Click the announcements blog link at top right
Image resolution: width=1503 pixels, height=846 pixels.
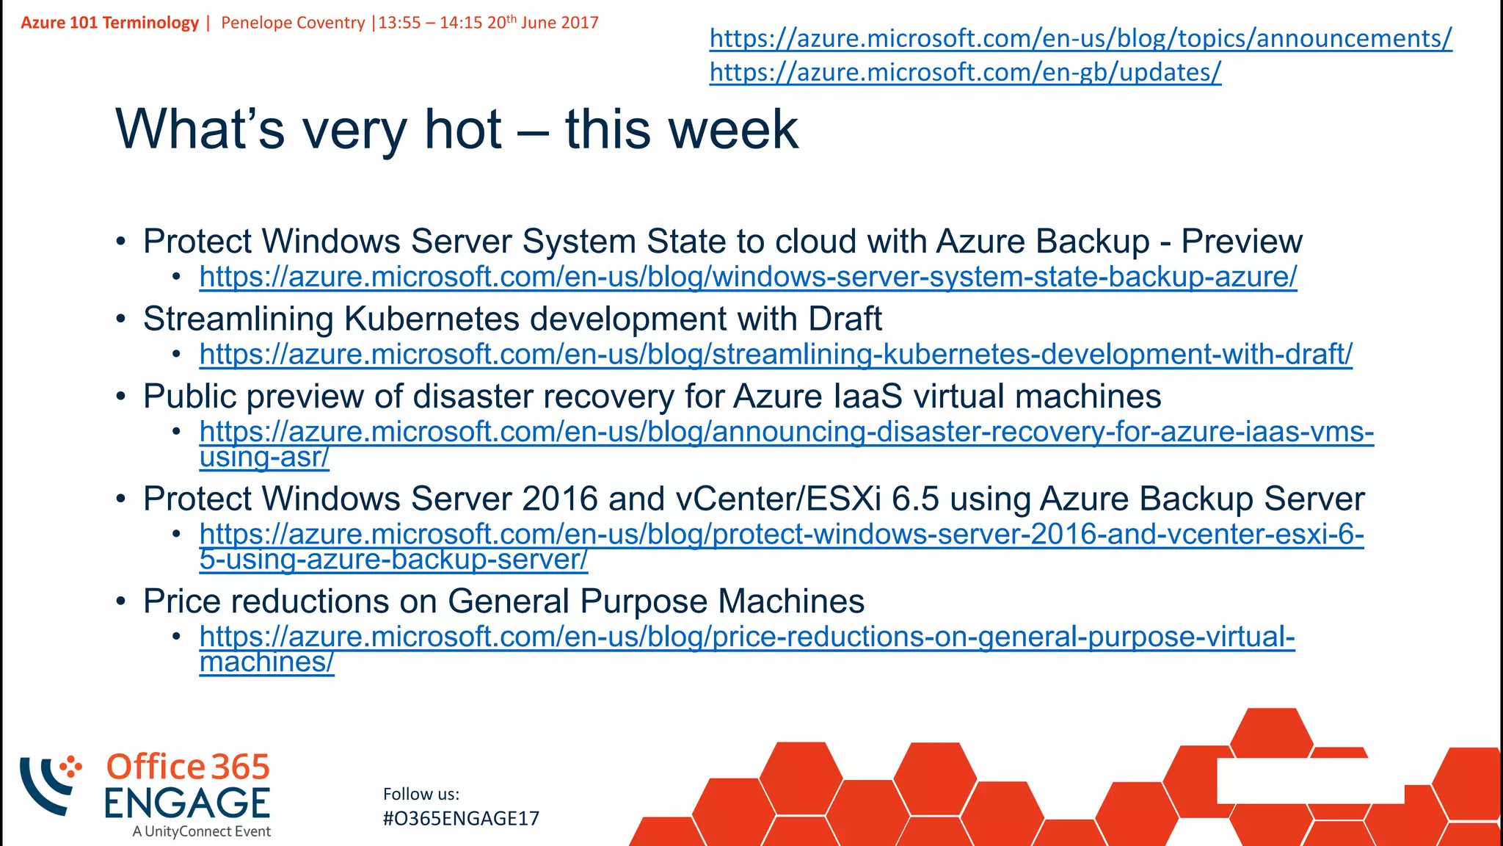(x=1080, y=38)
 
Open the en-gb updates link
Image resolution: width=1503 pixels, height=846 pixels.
(x=965, y=72)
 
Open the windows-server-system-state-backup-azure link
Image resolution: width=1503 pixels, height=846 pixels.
(x=748, y=277)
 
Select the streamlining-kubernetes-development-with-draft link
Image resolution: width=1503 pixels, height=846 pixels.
(x=776, y=354)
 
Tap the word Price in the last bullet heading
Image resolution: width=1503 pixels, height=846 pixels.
(x=182, y=601)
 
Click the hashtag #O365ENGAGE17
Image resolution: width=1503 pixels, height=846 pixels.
(x=461, y=818)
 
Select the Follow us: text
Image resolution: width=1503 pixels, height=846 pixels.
(x=421, y=794)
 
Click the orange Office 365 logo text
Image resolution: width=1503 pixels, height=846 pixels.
(x=188, y=767)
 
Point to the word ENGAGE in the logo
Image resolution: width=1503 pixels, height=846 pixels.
(x=187, y=803)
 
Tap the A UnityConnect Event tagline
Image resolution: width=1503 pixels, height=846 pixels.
(x=202, y=831)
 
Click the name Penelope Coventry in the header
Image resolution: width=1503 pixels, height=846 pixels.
(x=293, y=23)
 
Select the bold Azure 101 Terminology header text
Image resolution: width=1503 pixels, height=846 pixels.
(x=109, y=23)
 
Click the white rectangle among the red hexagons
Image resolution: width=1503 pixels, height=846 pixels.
(x=1309, y=781)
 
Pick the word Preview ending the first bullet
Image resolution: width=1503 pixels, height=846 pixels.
(x=1242, y=242)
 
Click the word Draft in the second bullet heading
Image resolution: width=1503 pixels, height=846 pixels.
(x=845, y=319)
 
